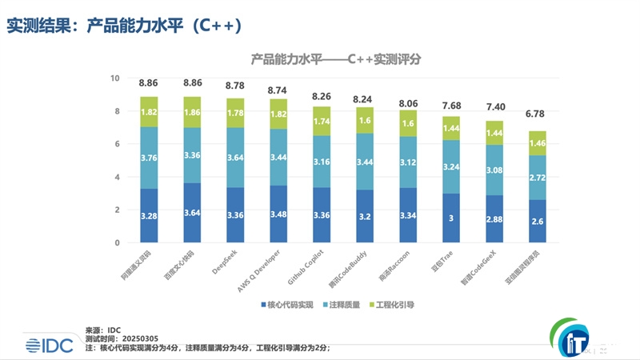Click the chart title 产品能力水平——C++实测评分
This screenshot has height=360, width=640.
(336, 58)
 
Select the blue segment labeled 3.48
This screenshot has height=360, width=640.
(278, 214)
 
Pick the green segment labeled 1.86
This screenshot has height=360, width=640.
(193, 113)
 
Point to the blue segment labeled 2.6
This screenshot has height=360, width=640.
(538, 222)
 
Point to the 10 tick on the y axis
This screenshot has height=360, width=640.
(114, 78)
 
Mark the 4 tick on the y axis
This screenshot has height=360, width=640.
(116, 177)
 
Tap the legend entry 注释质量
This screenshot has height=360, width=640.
(346, 305)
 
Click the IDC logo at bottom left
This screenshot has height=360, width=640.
(48, 344)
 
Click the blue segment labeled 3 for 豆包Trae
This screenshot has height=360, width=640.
(452, 218)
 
